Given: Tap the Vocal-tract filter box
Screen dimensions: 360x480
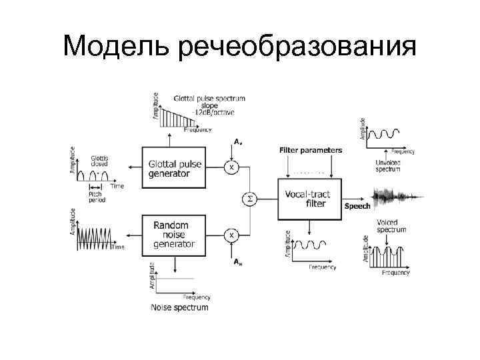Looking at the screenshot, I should point(309,199).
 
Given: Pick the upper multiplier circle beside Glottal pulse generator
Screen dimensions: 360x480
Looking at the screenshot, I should point(231,167).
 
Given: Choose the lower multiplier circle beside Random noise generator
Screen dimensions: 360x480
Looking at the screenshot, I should point(231,235).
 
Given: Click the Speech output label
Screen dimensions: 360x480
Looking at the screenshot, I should point(357,206).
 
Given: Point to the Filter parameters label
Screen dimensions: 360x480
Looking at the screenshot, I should point(310,150).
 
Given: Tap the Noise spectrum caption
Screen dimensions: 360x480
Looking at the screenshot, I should point(180,307).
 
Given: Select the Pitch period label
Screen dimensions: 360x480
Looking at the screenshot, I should point(98,199).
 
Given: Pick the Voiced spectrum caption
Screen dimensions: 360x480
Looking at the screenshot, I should point(391,225).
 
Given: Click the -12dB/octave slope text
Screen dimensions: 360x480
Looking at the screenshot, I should point(209,113).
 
